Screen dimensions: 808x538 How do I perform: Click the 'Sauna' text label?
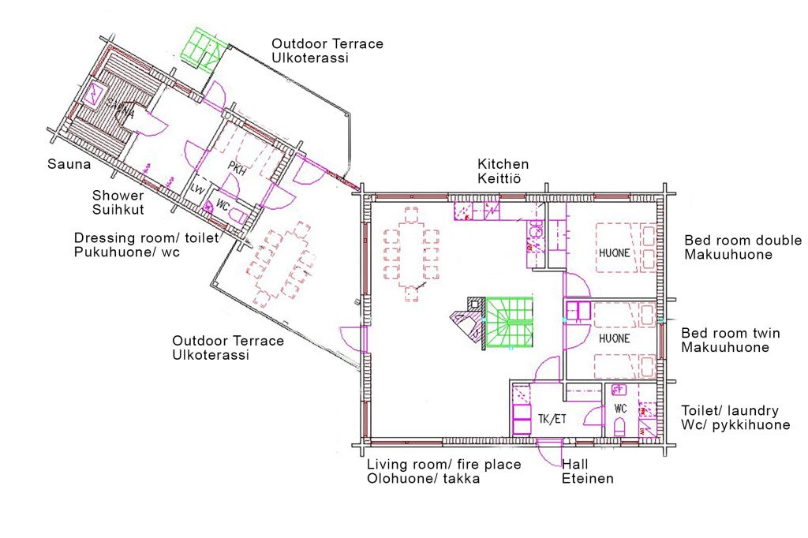pyautogui.click(x=69, y=164)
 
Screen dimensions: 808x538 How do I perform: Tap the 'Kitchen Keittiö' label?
pyautogui.click(x=503, y=171)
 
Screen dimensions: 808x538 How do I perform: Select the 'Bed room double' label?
pyautogui.click(x=743, y=240)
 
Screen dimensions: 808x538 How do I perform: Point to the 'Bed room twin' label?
pyautogui.click(x=730, y=333)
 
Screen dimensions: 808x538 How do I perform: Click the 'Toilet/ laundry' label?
pyautogui.click(x=730, y=411)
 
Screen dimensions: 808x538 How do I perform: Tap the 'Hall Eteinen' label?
pyautogui.click(x=587, y=472)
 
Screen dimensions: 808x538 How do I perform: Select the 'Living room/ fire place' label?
pyautogui.click(x=443, y=465)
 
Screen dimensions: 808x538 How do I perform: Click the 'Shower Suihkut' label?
pyautogui.click(x=118, y=203)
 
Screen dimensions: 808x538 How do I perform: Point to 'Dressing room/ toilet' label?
pyautogui.click(x=146, y=238)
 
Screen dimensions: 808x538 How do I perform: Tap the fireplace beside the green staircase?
pyautogui.click(x=469, y=323)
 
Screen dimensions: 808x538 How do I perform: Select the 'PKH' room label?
pyautogui.click(x=237, y=169)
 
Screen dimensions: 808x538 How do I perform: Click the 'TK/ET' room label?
pyautogui.click(x=552, y=419)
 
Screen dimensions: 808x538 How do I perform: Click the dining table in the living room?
pyautogui.click(x=411, y=253)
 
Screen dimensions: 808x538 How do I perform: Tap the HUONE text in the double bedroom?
pyautogui.click(x=614, y=253)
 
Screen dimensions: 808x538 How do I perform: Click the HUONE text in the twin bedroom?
pyautogui.click(x=614, y=338)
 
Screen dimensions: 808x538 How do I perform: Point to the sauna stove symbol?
pyautogui.click(x=96, y=95)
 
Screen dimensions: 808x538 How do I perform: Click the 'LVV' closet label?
pyautogui.click(x=197, y=189)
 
